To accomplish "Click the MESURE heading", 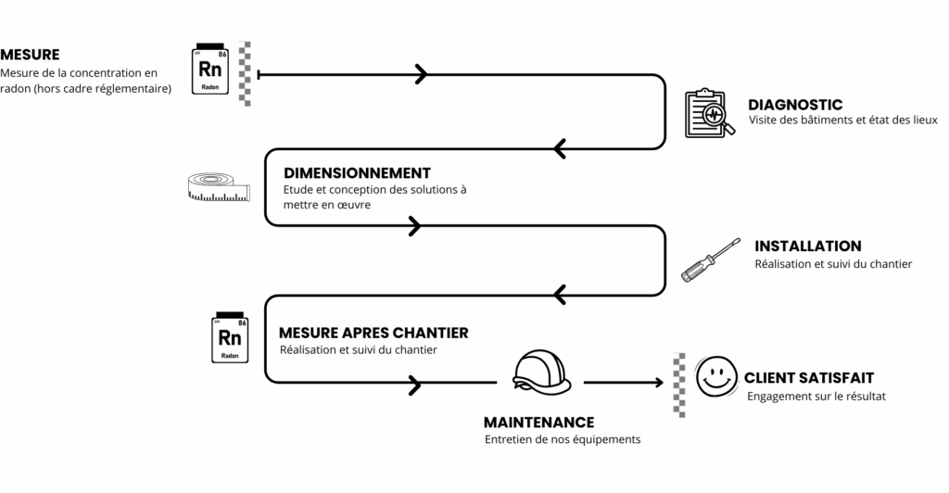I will tap(30, 55).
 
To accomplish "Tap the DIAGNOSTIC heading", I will tap(795, 105).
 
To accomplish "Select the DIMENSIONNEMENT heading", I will tap(357, 173).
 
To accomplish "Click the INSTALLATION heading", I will tap(807, 246).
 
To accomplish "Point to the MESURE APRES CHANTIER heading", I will tap(373, 333).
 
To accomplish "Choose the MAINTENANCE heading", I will tap(538, 422).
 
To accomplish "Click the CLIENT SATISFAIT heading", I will tap(808, 378).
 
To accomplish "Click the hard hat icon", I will tap(541, 371).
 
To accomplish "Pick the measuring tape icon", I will tap(218, 185).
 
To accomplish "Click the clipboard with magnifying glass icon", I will tap(709, 113).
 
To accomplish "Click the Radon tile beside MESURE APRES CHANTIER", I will tap(230, 336).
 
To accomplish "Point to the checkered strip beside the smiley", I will tap(679, 385).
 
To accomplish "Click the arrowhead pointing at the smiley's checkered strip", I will tap(658, 382).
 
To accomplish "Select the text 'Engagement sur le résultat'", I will tap(816, 397).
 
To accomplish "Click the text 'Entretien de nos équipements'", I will tap(562, 440).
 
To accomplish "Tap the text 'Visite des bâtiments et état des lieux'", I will tap(842, 120).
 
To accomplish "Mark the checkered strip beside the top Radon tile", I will tap(246, 73).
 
